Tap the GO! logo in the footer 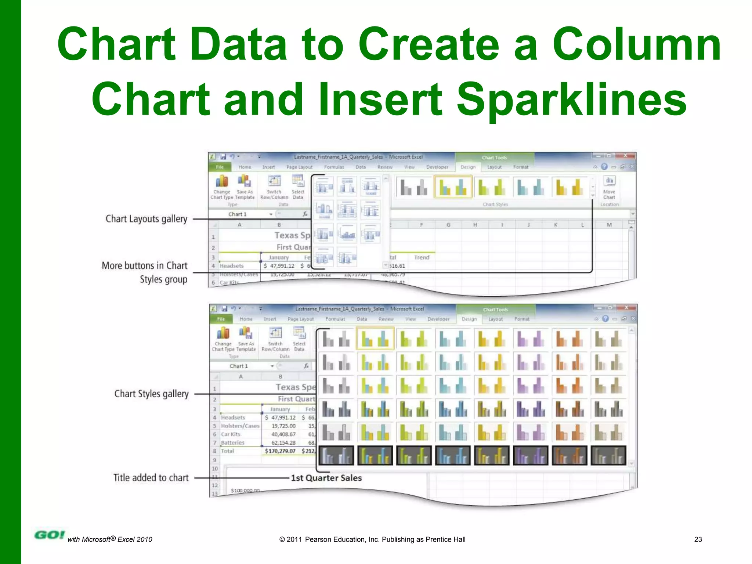49,535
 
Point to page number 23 698,539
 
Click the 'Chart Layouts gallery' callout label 146,219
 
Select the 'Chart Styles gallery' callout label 151,394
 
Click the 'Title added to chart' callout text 151,478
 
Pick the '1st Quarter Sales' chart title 326,478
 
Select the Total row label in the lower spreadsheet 227,451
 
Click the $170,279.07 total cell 280,451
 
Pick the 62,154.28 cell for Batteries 283,442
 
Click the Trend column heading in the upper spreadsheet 422,257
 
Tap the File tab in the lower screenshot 221,319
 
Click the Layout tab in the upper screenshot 494,167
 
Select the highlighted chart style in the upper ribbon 453,187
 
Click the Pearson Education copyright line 372,539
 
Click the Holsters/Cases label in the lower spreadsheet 240,426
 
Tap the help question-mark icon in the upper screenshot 604,167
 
